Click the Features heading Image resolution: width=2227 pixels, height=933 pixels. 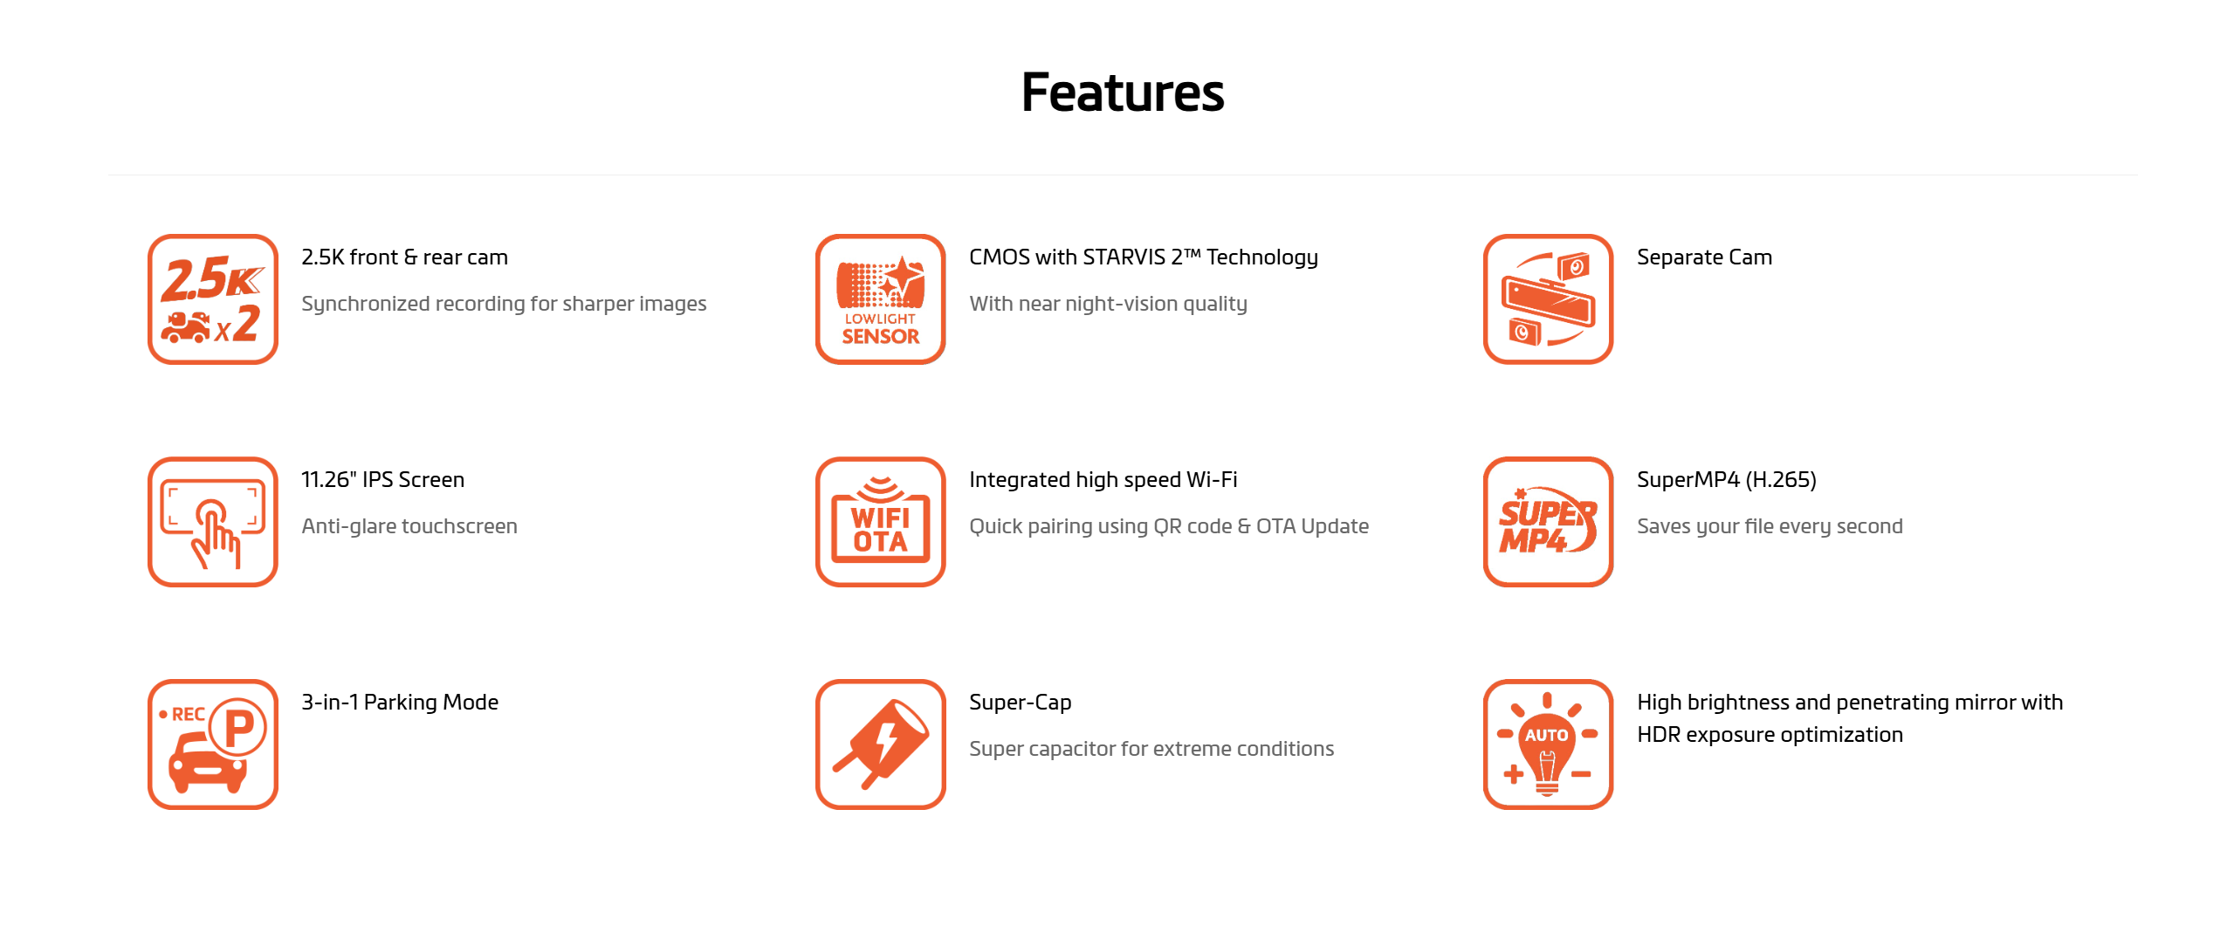coord(1123,93)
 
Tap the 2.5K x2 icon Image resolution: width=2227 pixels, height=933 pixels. coord(213,299)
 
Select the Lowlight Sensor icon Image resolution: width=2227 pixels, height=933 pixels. coord(881,299)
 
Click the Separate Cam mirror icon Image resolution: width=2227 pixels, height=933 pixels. coord(1549,299)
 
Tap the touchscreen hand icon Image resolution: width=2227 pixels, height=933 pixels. coord(213,522)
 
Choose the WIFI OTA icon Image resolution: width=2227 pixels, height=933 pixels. coord(881,522)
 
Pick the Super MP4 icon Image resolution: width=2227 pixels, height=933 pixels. coord(1549,522)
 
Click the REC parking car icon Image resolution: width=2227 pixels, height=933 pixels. coord(213,744)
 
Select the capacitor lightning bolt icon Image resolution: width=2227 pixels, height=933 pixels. coord(881,744)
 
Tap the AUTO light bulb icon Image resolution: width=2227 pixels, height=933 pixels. coord(1549,744)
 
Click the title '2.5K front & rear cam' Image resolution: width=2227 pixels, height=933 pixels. coord(404,257)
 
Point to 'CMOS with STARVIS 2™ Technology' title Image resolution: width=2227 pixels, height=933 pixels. coord(1144,258)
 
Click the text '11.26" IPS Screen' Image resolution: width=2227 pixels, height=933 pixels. coord(382,480)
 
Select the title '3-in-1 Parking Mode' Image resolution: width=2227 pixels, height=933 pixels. coord(400,703)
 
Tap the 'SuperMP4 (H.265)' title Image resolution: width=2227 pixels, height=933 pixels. coord(1727,480)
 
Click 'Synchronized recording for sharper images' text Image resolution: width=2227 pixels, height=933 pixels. coord(504,304)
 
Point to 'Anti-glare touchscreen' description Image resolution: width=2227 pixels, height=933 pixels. coord(409,526)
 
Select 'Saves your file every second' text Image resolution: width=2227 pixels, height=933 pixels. coord(1770,526)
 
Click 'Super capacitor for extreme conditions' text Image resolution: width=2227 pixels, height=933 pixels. coord(1151,749)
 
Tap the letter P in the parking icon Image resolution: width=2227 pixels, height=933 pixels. coord(240,727)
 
